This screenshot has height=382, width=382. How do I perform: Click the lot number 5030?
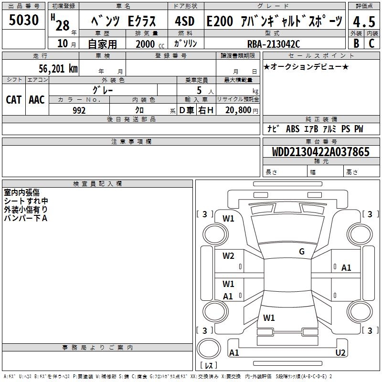click(x=23, y=20)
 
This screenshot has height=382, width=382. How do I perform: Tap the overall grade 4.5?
click(x=364, y=21)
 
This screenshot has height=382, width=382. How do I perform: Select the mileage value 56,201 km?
click(x=58, y=68)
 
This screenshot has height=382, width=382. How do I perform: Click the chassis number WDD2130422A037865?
click(x=320, y=152)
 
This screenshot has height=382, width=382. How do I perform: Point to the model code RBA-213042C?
click(x=274, y=44)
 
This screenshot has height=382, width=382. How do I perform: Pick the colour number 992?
click(x=79, y=110)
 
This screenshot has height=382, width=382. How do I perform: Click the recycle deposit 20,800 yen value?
click(x=242, y=110)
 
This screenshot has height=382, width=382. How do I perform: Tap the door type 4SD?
click(x=185, y=21)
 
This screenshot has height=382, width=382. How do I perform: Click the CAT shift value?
click(x=14, y=100)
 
